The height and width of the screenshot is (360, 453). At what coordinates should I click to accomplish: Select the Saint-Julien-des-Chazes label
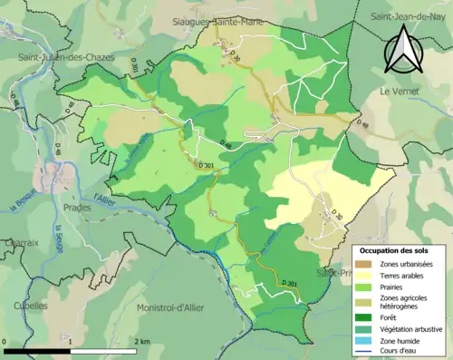click(60, 57)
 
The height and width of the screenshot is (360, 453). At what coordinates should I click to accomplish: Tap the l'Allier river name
click(107, 192)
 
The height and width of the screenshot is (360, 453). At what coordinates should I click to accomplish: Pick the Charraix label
click(20, 242)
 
